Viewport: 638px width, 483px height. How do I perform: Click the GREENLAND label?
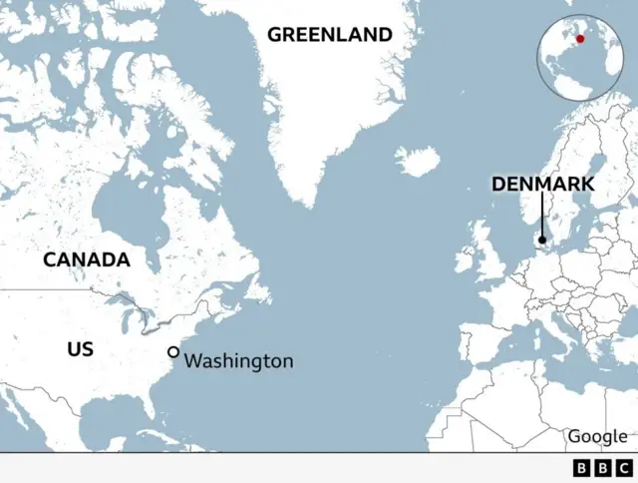click(x=329, y=35)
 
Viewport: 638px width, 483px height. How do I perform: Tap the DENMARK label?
click(x=542, y=185)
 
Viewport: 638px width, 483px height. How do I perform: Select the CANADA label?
click(x=86, y=260)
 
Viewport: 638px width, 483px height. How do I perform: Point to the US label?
click(x=80, y=349)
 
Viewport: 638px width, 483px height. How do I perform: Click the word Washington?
click(x=239, y=361)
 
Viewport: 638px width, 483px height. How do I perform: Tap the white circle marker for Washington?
click(x=173, y=352)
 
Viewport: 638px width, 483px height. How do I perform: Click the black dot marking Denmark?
click(x=542, y=240)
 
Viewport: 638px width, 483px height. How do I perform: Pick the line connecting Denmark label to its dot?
click(x=542, y=215)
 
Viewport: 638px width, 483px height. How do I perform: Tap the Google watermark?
click(x=597, y=436)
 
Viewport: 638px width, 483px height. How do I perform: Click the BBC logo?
click(x=602, y=467)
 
